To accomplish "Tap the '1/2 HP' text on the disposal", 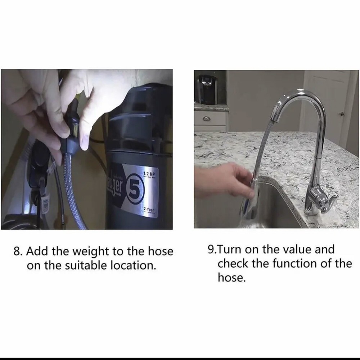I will click(149, 174).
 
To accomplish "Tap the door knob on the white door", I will click(342, 114).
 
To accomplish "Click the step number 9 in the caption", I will click(212, 249).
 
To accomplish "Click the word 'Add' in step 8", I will click(37, 251).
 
